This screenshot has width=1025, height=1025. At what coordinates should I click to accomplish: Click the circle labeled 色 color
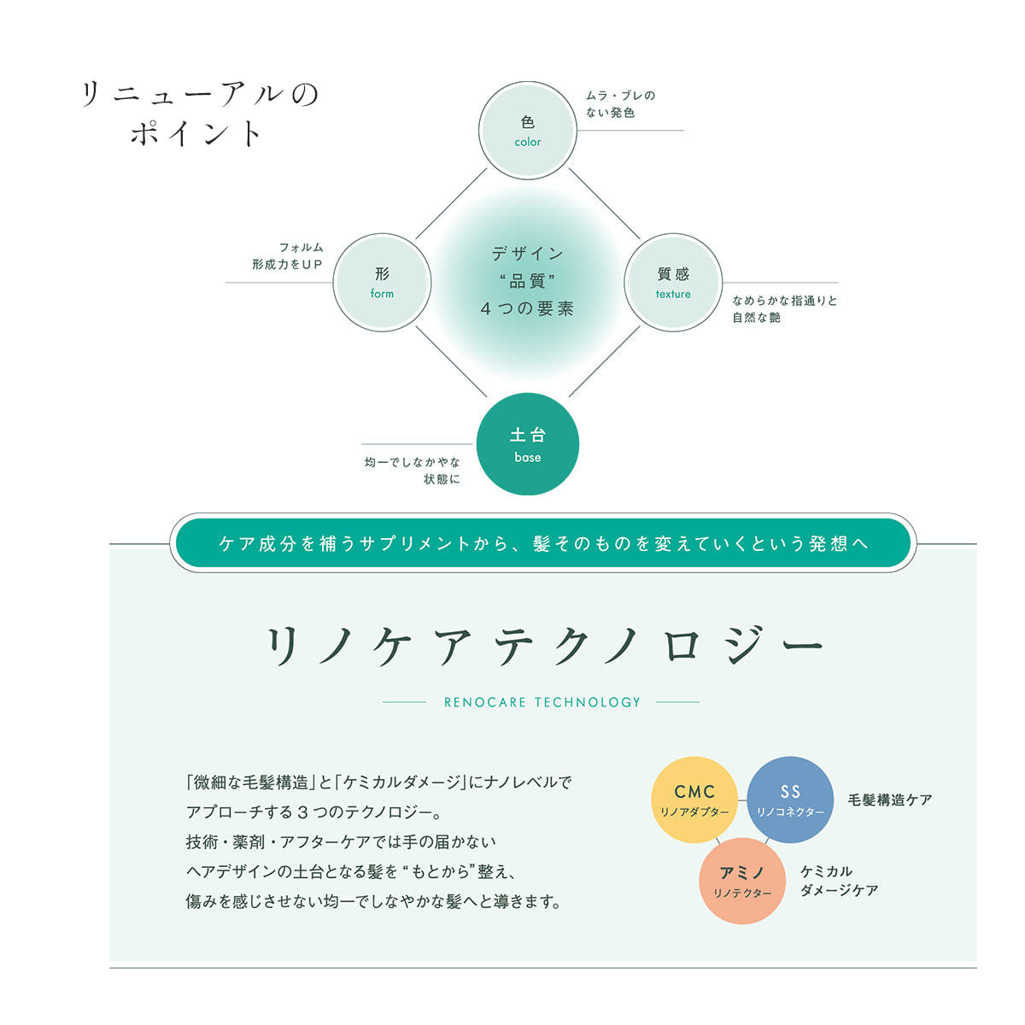tap(527, 131)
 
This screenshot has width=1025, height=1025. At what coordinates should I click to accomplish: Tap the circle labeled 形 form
tap(382, 283)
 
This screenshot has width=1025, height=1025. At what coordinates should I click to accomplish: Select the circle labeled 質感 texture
tap(673, 283)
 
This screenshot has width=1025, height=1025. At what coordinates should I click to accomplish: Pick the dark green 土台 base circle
tap(527, 443)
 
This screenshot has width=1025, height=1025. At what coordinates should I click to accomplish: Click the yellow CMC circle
tap(694, 799)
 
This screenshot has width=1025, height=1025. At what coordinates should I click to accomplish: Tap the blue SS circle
tap(790, 799)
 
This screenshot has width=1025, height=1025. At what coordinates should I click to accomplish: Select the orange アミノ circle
tap(742, 881)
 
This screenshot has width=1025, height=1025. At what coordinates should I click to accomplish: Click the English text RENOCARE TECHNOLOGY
tap(542, 702)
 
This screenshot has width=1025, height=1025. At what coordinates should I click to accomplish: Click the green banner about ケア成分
tap(542, 543)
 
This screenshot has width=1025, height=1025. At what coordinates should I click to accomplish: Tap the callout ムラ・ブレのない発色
tap(620, 103)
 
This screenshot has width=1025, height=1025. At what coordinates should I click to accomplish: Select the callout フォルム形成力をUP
tap(287, 256)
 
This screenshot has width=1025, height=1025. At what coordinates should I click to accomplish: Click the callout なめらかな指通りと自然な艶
tap(785, 309)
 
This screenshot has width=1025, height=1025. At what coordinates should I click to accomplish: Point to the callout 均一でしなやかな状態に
tap(413, 471)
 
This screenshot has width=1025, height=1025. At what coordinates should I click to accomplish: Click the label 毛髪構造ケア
tap(890, 800)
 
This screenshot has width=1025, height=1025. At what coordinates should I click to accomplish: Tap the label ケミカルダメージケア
tap(839, 881)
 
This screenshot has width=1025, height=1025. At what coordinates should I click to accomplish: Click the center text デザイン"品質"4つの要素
tap(527, 281)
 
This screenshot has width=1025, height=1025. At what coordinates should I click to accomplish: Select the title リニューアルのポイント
tap(200, 114)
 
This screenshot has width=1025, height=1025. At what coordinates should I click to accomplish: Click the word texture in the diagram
tap(673, 294)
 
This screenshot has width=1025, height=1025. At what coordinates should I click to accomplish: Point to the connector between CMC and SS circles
tap(742, 799)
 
